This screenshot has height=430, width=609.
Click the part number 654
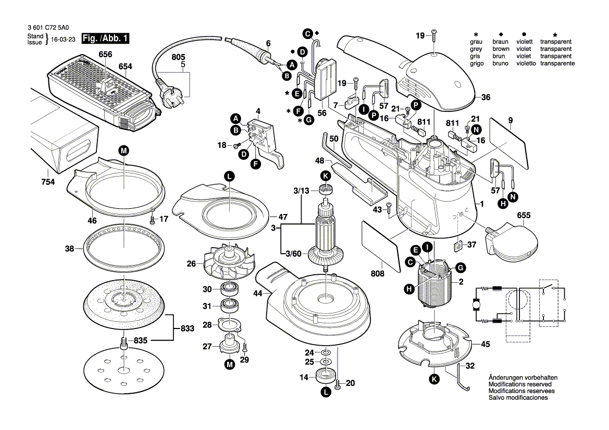tap(126, 66)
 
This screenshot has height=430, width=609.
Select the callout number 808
tap(378, 273)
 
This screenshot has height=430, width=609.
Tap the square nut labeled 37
tap(458, 245)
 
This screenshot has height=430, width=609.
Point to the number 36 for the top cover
tap(486, 97)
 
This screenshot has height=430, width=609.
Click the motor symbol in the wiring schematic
tap(476, 305)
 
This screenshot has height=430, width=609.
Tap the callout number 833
tap(187, 328)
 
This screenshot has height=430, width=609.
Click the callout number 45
tap(485, 344)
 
